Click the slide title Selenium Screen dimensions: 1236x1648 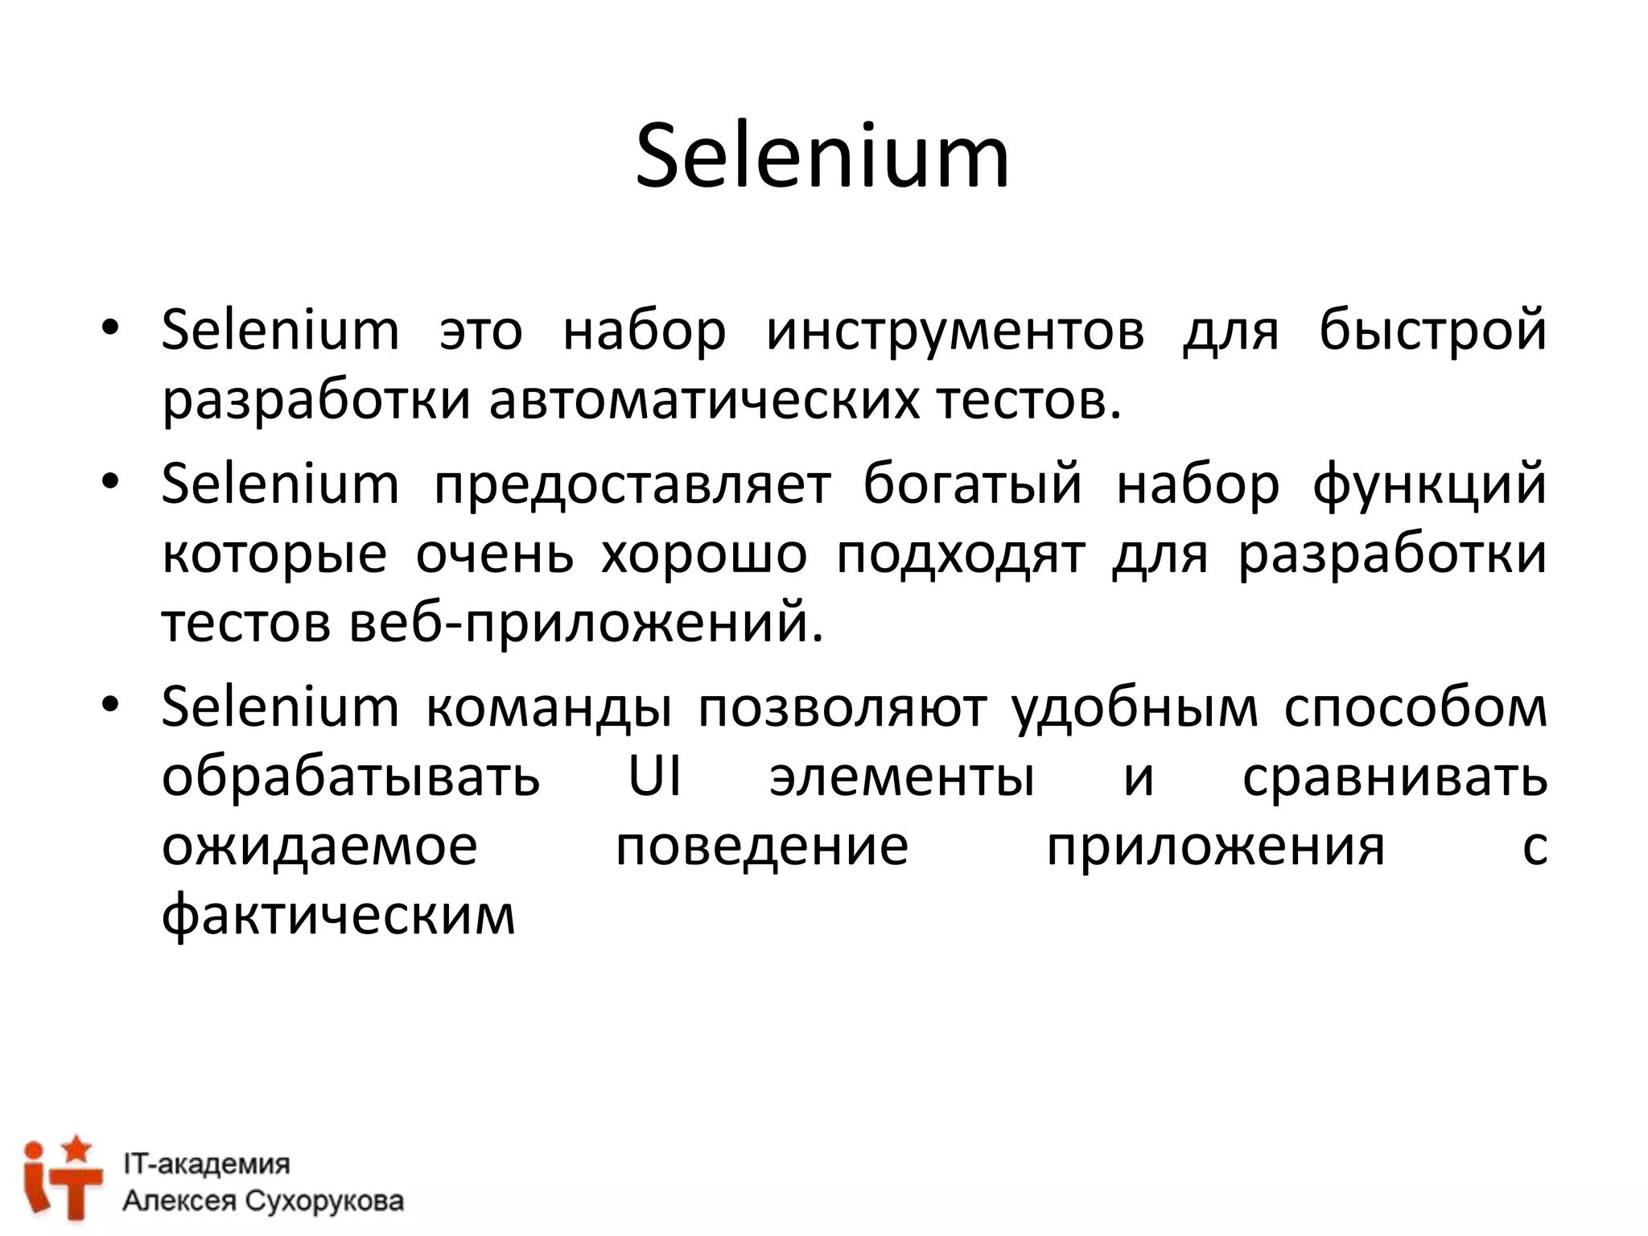822,156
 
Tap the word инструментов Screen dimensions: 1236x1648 955,331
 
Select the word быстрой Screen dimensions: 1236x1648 1432,331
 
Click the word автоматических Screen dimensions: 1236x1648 704,400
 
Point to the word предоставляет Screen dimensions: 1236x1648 632,485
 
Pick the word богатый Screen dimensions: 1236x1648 973,485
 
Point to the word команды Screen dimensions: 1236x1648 549,709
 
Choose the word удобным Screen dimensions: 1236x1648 1135,709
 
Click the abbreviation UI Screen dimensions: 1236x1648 654,777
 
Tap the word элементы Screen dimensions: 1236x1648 902,777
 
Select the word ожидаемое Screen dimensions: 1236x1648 319,847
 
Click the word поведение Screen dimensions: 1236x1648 762,847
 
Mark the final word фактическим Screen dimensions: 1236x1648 338,917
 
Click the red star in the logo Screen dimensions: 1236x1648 77,1148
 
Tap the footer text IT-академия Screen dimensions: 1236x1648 206,1164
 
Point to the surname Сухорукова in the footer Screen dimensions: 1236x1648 323,1201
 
